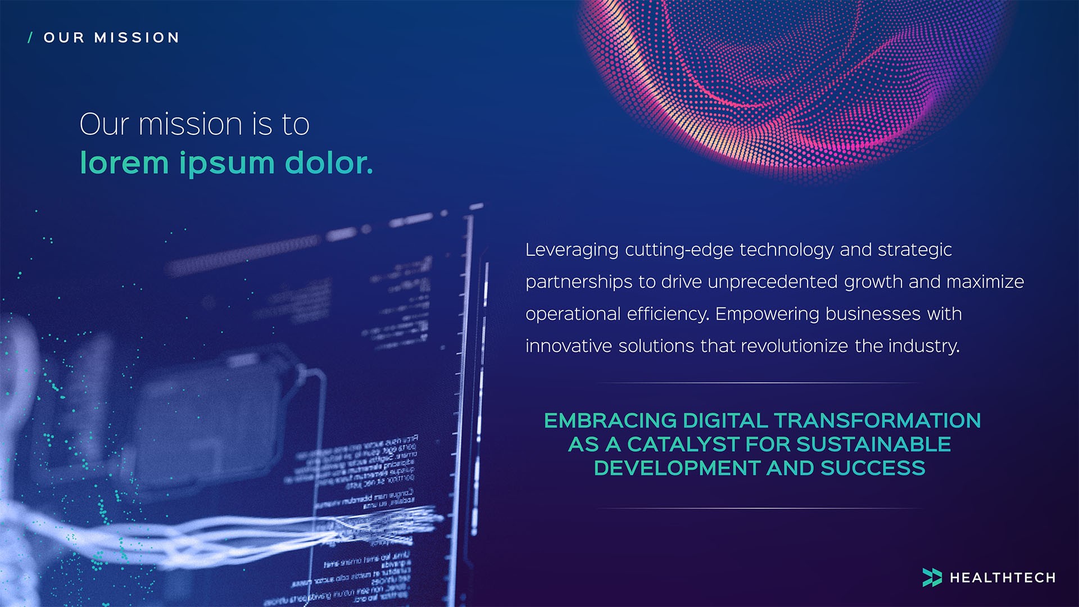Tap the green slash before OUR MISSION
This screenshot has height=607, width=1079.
(30, 38)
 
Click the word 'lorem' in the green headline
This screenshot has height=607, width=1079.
(124, 163)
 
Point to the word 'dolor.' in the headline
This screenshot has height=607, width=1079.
(329, 163)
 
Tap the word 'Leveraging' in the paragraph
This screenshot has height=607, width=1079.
(572, 250)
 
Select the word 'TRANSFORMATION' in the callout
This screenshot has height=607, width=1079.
(877, 420)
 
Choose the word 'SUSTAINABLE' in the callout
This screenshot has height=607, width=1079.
(873, 445)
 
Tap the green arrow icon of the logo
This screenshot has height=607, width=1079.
(932, 577)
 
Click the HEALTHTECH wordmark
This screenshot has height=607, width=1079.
(1003, 578)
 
